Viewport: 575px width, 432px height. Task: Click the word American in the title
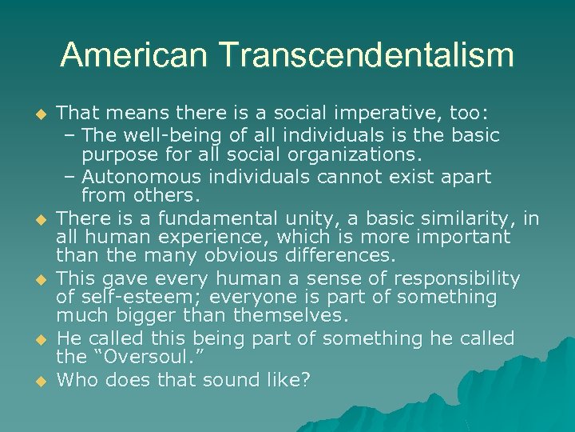pyautogui.click(x=133, y=55)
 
